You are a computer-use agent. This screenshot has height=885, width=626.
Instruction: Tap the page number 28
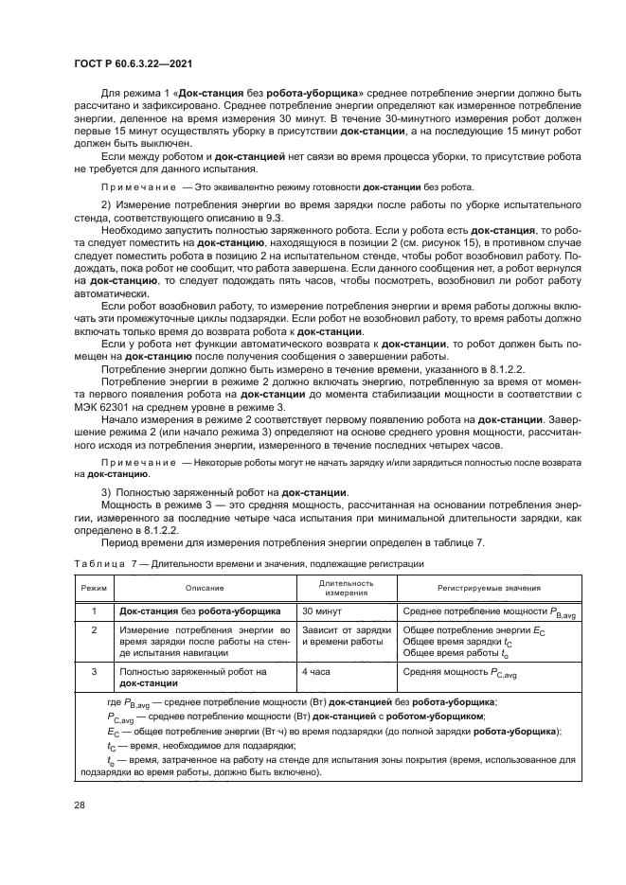[79, 805]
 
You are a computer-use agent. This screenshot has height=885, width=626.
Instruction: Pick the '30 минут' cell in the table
[324, 611]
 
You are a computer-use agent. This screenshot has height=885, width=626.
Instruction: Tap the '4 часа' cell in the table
[317, 670]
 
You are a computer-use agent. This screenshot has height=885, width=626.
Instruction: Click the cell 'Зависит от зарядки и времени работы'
[347, 635]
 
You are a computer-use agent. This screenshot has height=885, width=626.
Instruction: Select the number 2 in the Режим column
[93, 628]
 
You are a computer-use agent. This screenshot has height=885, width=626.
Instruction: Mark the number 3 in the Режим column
[93, 670]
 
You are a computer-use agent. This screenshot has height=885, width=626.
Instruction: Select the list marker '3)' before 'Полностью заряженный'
[107, 491]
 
